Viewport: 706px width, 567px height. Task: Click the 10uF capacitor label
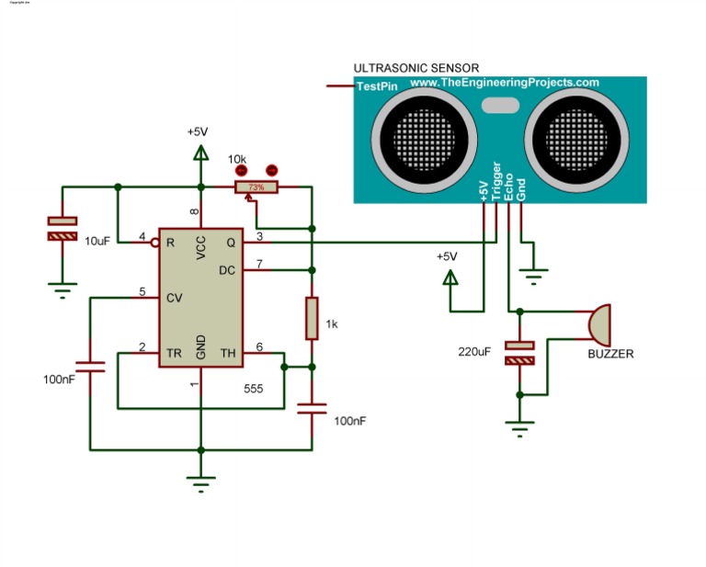(x=98, y=240)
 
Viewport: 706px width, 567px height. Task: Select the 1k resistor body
(x=312, y=317)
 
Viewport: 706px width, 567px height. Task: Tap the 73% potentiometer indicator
(x=256, y=187)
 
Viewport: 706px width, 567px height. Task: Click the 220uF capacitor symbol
(x=520, y=353)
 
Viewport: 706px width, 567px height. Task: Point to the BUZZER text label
(x=610, y=354)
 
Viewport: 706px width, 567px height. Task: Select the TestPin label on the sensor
(x=376, y=85)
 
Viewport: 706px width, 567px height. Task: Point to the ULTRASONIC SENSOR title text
(x=416, y=68)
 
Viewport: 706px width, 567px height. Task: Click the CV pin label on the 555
(x=173, y=298)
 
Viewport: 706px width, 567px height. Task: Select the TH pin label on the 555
(x=228, y=353)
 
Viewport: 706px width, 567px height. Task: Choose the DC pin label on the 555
(x=227, y=270)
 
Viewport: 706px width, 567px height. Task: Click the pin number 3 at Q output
(x=259, y=237)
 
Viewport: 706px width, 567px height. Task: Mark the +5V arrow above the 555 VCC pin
(x=199, y=150)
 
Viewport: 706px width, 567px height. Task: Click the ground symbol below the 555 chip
(x=199, y=479)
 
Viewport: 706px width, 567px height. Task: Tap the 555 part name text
(x=254, y=389)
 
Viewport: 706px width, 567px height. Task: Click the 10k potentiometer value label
(x=237, y=158)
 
